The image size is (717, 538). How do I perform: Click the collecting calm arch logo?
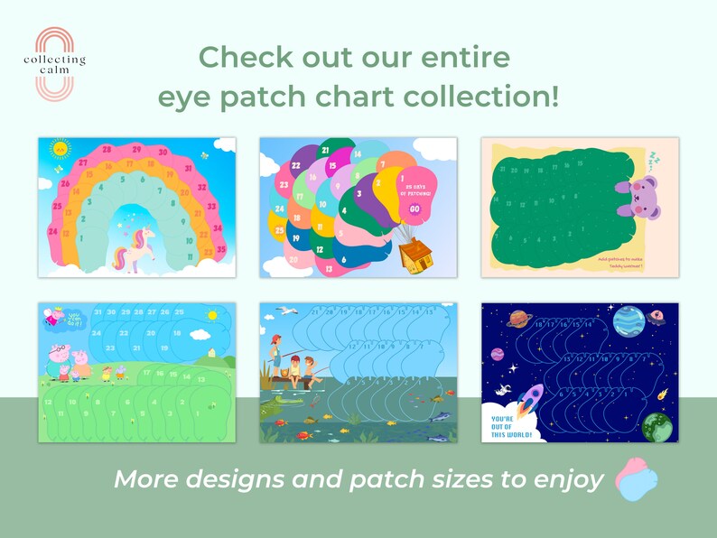click(54, 62)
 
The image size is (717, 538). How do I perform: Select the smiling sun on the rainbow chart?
click(60, 148)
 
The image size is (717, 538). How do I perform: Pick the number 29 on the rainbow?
click(135, 150)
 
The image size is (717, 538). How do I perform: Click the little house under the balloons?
click(414, 255)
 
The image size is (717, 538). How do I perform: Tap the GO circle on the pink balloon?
click(414, 209)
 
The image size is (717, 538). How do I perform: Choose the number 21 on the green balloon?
click(325, 150)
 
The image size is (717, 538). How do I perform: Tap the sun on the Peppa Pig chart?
click(212, 315)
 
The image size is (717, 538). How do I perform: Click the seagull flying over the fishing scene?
click(287, 311)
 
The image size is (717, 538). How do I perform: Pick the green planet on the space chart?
click(659, 427)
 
